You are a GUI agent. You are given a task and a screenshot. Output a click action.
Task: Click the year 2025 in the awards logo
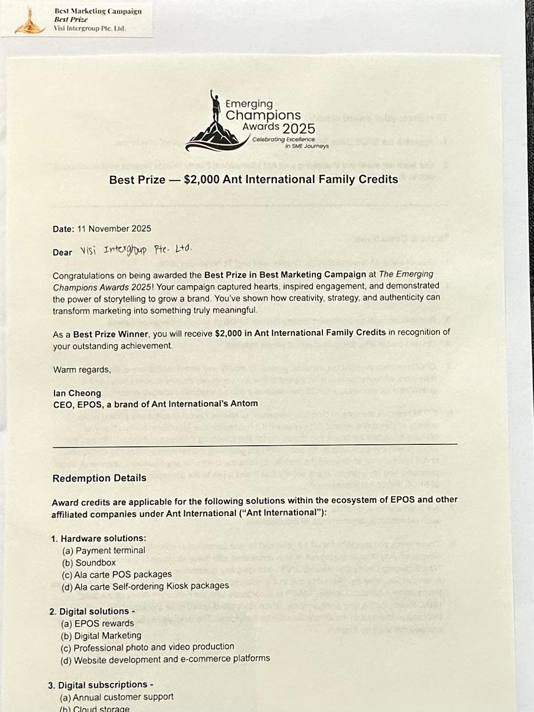(299, 129)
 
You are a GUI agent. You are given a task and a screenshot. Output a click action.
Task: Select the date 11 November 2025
(114, 228)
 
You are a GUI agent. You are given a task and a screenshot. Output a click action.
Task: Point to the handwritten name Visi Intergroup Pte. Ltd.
(136, 250)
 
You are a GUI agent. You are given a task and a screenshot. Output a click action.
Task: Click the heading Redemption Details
(99, 478)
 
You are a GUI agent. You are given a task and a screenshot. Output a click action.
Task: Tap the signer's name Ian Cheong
(77, 393)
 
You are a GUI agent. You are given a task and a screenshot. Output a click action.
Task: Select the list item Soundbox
(95, 562)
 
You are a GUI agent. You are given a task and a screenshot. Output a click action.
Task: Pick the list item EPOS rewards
(104, 623)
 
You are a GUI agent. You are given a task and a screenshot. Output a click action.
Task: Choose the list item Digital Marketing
(107, 636)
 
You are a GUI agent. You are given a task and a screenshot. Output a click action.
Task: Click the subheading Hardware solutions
(103, 539)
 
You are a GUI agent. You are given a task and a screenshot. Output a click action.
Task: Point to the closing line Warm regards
(82, 369)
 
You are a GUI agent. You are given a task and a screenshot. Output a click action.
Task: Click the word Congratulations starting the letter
(84, 276)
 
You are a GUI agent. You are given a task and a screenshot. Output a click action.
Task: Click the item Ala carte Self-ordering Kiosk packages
(151, 586)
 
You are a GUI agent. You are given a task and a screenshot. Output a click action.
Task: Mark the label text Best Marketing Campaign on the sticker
(98, 11)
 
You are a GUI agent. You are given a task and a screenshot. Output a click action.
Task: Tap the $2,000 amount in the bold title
(202, 180)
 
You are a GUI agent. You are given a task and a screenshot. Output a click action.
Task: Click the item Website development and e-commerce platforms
(171, 659)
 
